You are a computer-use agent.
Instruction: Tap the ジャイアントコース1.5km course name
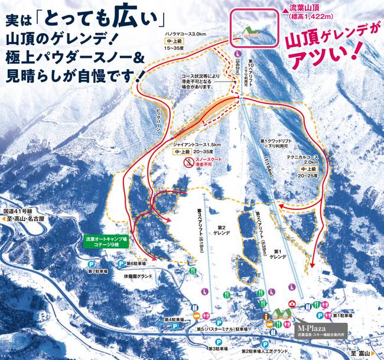coord(197,144)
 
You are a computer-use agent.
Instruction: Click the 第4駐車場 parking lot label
coord(180,320)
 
